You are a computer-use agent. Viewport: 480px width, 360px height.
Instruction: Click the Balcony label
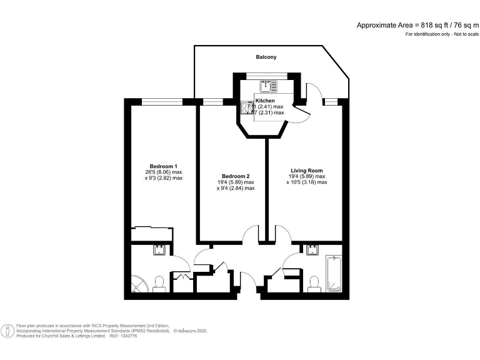click(x=266, y=57)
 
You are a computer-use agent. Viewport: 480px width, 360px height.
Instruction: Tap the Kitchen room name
click(x=264, y=101)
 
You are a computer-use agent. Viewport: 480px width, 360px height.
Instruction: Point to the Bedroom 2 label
click(x=235, y=176)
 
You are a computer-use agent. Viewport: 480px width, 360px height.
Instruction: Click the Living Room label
click(x=307, y=171)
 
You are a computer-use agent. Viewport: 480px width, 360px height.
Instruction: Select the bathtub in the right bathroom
click(x=334, y=273)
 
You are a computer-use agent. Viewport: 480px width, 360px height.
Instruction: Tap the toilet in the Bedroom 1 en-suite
click(x=159, y=284)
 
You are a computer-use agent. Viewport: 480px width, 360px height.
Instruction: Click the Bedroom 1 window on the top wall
click(x=161, y=101)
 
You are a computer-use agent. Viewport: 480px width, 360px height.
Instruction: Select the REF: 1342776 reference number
click(x=124, y=336)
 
